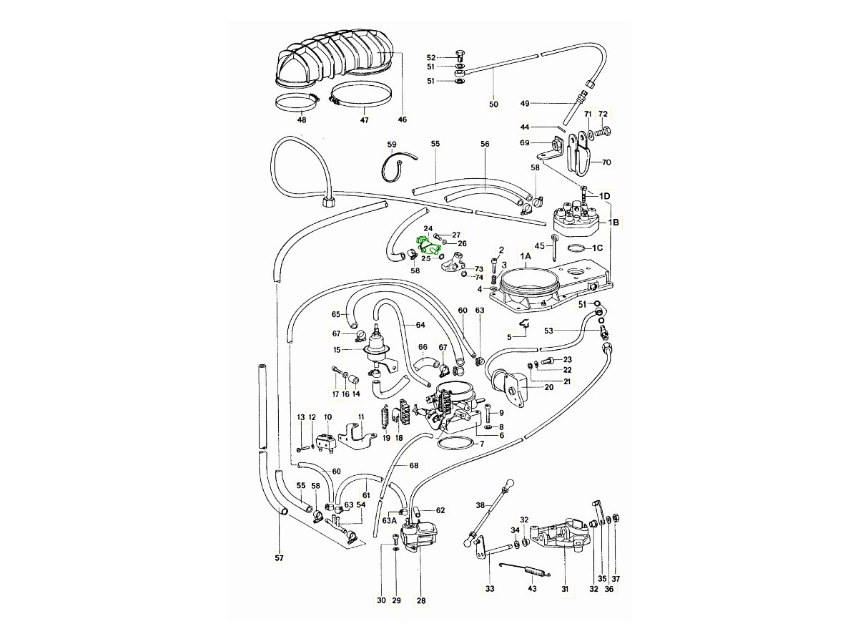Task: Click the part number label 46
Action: pos(402,119)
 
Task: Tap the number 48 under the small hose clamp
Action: pos(302,119)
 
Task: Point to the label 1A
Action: pos(526,256)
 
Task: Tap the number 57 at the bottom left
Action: pos(280,557)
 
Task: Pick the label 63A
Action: pos(389,520)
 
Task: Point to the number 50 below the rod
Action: pos(493,104)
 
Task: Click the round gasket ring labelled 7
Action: pos(455,444)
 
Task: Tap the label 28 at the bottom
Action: pos(421,601)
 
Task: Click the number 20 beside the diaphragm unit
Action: pos(549,387)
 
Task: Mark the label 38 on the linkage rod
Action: pos(480,504)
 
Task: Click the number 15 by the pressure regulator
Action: pos(337,350)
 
